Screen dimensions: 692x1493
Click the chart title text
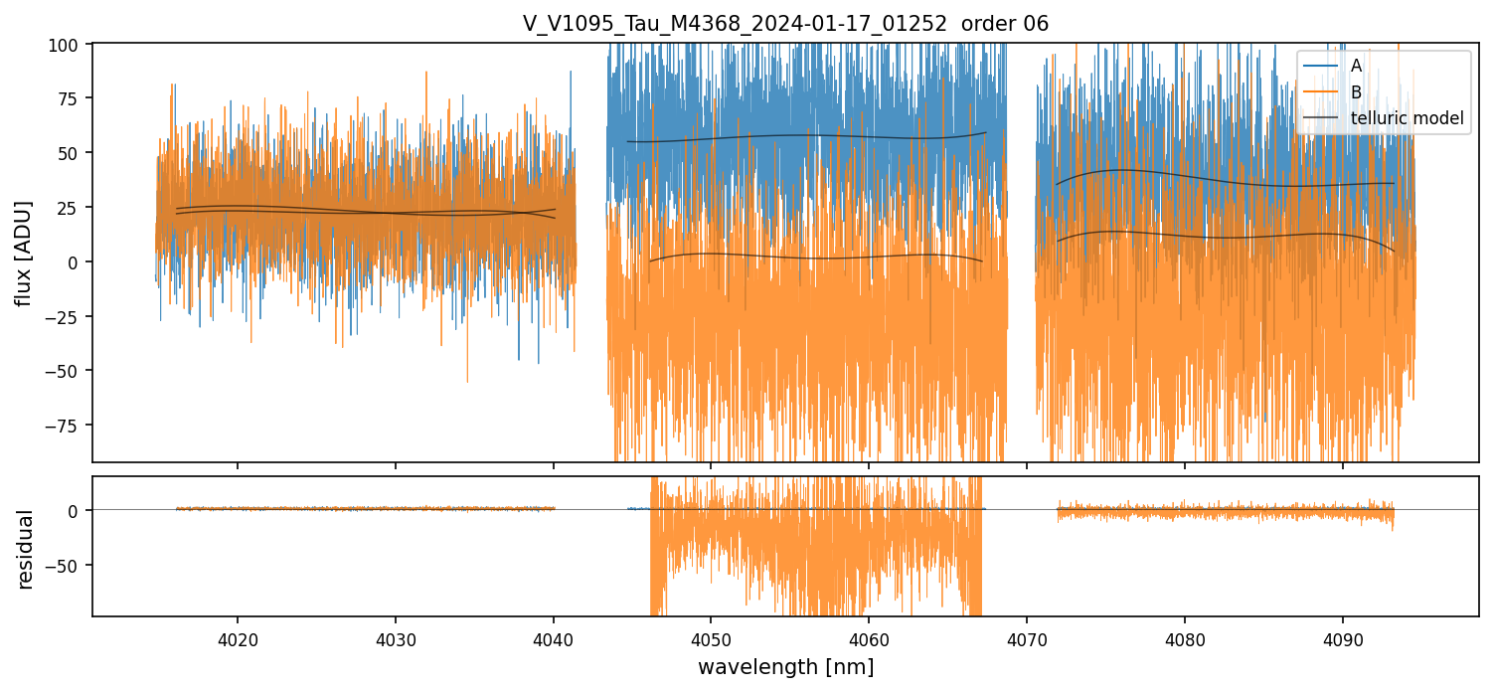click(785, 24)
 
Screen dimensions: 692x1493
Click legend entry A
click(1356, 66)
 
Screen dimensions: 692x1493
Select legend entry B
click(1356, 92)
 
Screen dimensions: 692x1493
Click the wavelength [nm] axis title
click(785, 667)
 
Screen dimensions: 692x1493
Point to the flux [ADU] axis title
click(23, 253)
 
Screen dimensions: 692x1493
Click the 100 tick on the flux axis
click(71, 45)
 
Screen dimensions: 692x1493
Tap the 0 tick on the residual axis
click(80, 510)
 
